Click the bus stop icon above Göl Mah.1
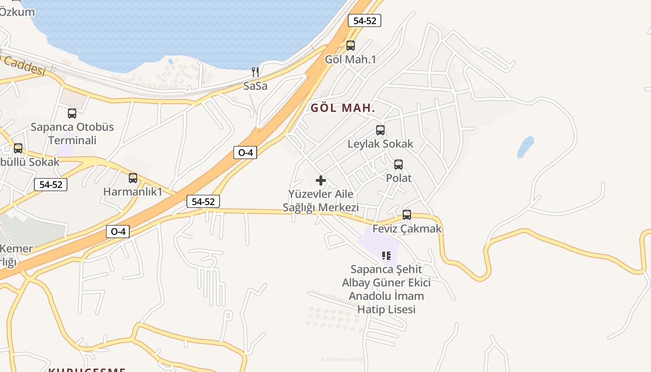point(351,46)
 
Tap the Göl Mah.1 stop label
point(351,60)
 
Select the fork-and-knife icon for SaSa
point(255,72)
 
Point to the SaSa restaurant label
point(255,86)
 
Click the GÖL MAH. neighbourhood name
point(343,108)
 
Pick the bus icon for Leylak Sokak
point(380,130)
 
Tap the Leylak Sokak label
point(380,144)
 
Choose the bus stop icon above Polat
point(399,165)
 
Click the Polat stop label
point(399,178)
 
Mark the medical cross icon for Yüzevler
point(321,180)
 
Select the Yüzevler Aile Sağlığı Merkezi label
point(321,201)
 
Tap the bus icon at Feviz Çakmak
point(407,215)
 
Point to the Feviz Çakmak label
point(407,229)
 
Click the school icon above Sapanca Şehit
point(386,255)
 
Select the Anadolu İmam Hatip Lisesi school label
point(386,289)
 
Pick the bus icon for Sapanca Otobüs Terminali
point(72,113)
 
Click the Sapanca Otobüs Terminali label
point(72,133)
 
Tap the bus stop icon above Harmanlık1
point(133,178)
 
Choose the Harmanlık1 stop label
point(133,192)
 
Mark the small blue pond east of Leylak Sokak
point(525,147)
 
